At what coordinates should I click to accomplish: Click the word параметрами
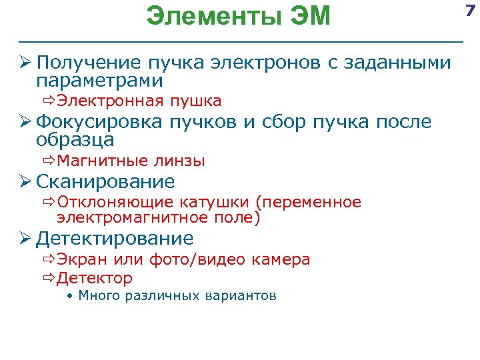(x=100, y=81)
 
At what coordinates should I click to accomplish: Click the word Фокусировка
(x=98, y=123)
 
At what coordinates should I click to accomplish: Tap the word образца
(x=75, y=140)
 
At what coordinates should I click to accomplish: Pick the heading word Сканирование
(x=105, y=181)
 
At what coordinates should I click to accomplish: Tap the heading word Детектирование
(x=115, y=239)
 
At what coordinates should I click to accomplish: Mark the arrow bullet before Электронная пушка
(x=49, y=101)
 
